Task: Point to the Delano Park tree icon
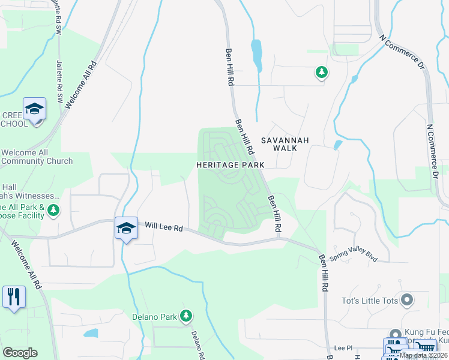point(186,315)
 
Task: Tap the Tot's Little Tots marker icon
point(408,299)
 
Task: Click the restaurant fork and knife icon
point(13,297)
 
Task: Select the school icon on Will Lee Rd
point(126,229)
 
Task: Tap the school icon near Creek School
point(34,110)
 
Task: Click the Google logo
point(20,353)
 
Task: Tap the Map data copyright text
point(424,355)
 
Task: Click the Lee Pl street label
point(343,347)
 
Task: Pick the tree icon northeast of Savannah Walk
point(322,73)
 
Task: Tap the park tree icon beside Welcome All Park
point(54,210)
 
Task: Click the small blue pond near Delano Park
point(91,333)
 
